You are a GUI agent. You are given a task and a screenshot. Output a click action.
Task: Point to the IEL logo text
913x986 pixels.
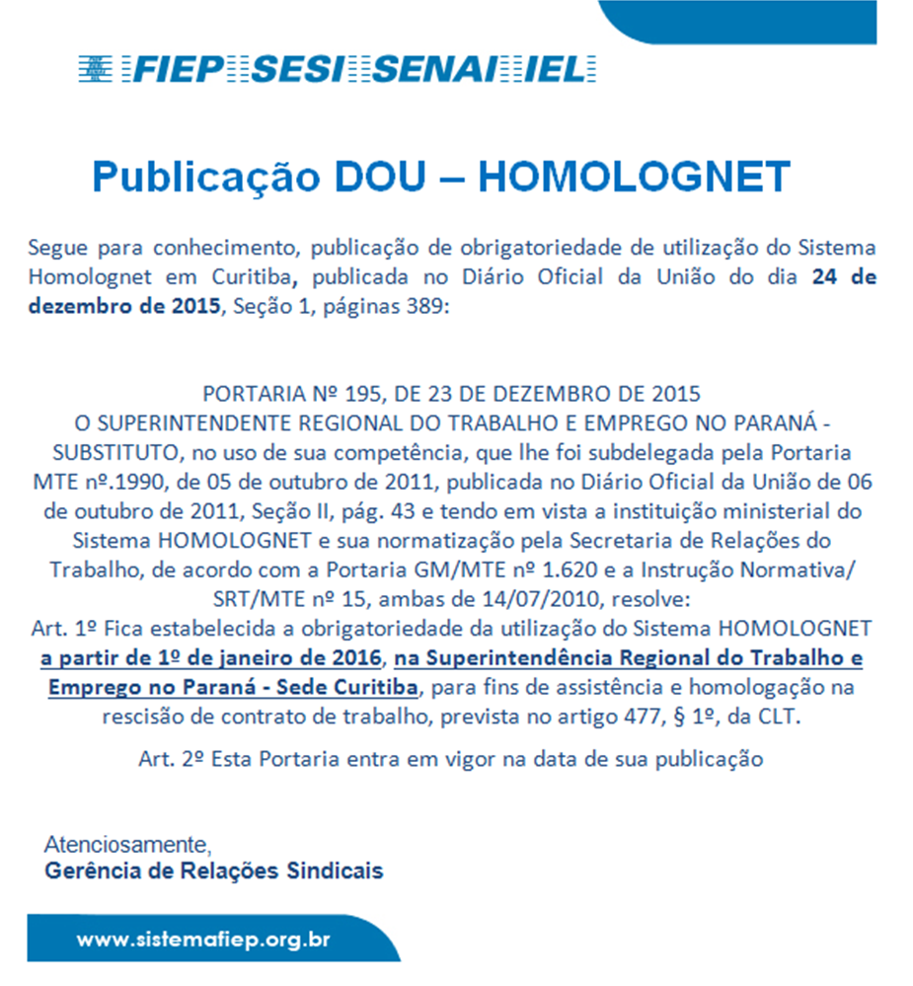pyautogui.click(x=569, y=69)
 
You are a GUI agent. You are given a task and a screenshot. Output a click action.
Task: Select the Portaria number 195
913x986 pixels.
pyautogui.click(x=365, y=394)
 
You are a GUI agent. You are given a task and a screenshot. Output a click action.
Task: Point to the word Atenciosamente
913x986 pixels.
pyautogui.click(x=128, y=846)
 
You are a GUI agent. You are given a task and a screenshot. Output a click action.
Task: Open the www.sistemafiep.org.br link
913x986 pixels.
pyautogui.click(x=203, y=939)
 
